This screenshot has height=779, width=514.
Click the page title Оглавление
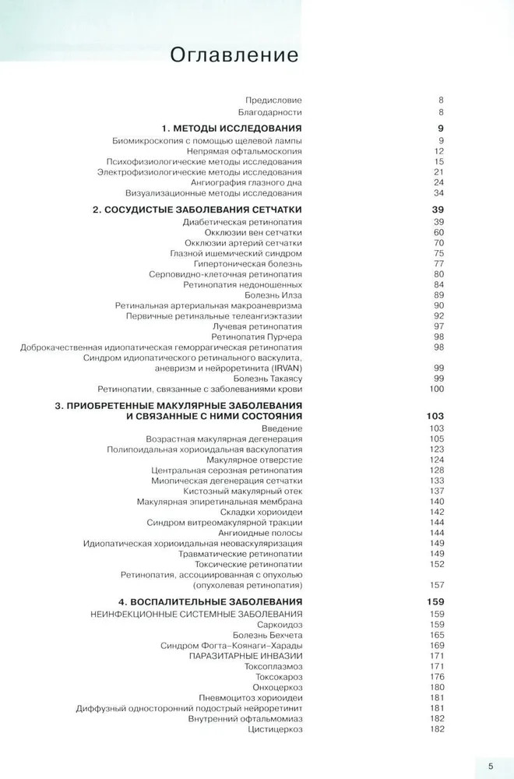(234, 55)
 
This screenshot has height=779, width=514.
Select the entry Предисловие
(273, 100)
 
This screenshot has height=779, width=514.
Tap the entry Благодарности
(269, 113)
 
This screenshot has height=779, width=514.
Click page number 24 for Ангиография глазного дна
(438, 182)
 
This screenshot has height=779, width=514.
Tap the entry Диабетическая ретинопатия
(242, 222)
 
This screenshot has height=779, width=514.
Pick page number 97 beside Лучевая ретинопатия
(438, 326)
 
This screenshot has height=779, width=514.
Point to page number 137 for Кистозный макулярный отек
(436, 491)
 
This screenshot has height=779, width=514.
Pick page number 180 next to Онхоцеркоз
(436, 687)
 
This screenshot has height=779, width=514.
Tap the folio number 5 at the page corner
(491, 766)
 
